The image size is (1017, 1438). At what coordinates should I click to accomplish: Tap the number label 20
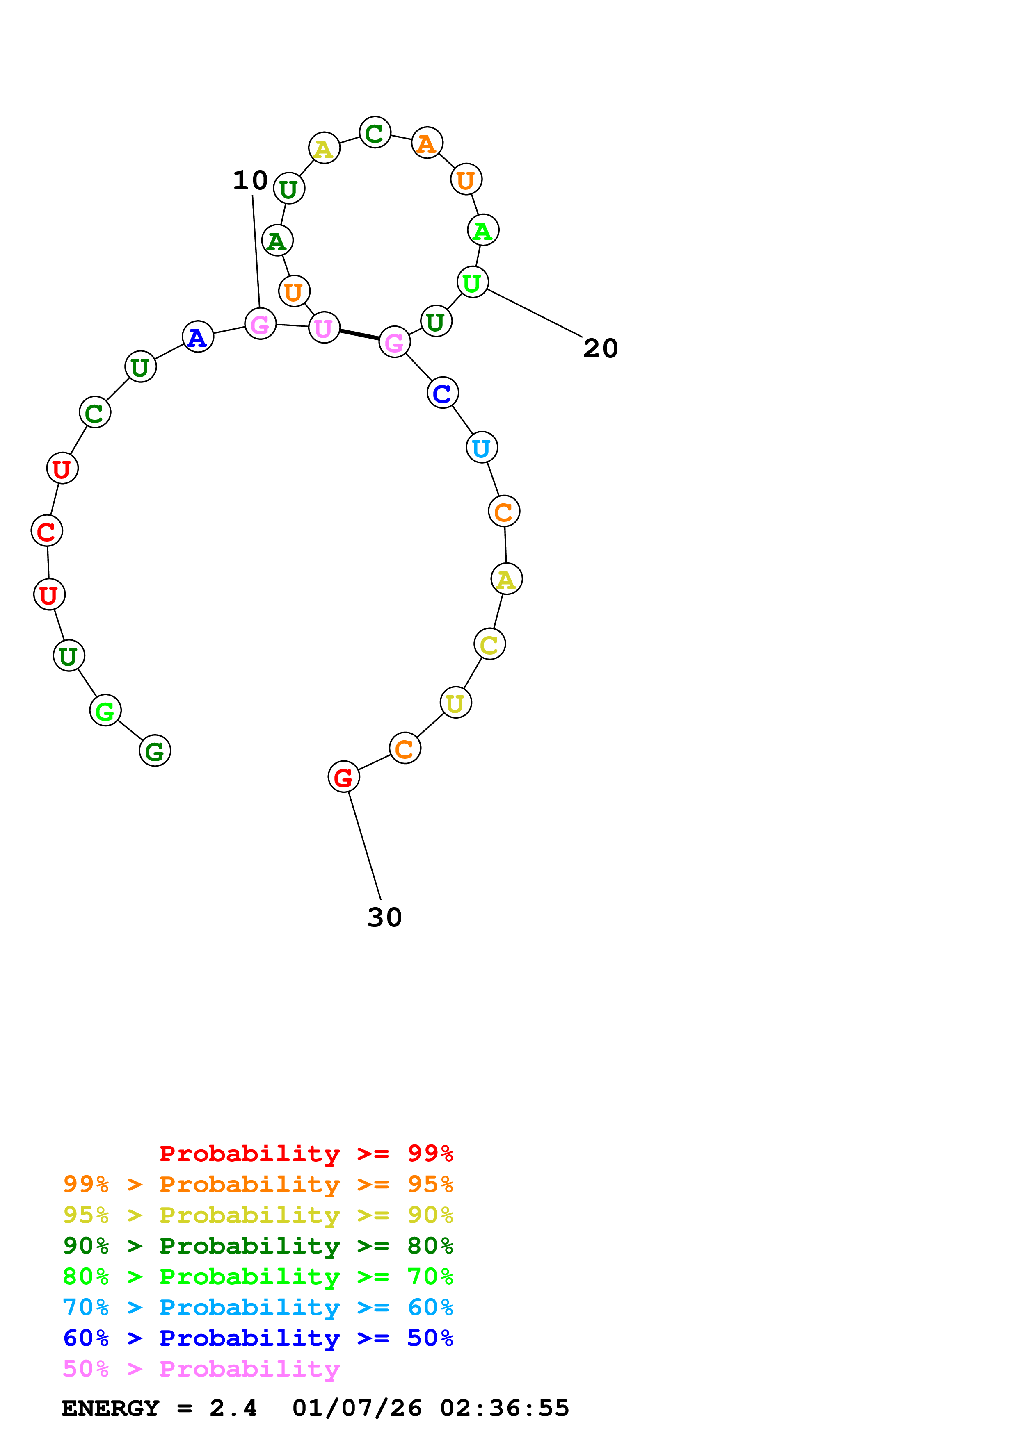pyautogui.click(x=600, y=349)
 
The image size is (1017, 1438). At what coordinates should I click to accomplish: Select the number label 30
pyautogui.click(x=384, y=917)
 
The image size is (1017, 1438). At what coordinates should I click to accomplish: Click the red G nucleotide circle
pyautogui.click(x=343, y=777)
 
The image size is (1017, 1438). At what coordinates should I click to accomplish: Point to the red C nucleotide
pyautogui.click(x=47, y=531)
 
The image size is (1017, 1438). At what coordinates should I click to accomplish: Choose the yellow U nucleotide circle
pyautogui.click(x=455, y=703)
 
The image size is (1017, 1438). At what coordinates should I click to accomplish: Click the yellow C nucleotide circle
pyautogui.click(x=489, y=644)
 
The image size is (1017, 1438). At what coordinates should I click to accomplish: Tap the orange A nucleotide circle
pyautogui.click(x=427, y=143)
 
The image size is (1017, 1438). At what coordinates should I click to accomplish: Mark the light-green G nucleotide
pyautogui.click(x=105, y=711)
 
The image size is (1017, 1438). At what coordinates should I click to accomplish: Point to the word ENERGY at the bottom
pyautogui.click(x=110, y=1408)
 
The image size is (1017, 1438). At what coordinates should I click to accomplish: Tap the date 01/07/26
pyautogui.click(x=357, y=1408)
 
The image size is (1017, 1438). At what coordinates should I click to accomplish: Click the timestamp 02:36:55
pyautogui.click(x=505, y=1408)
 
